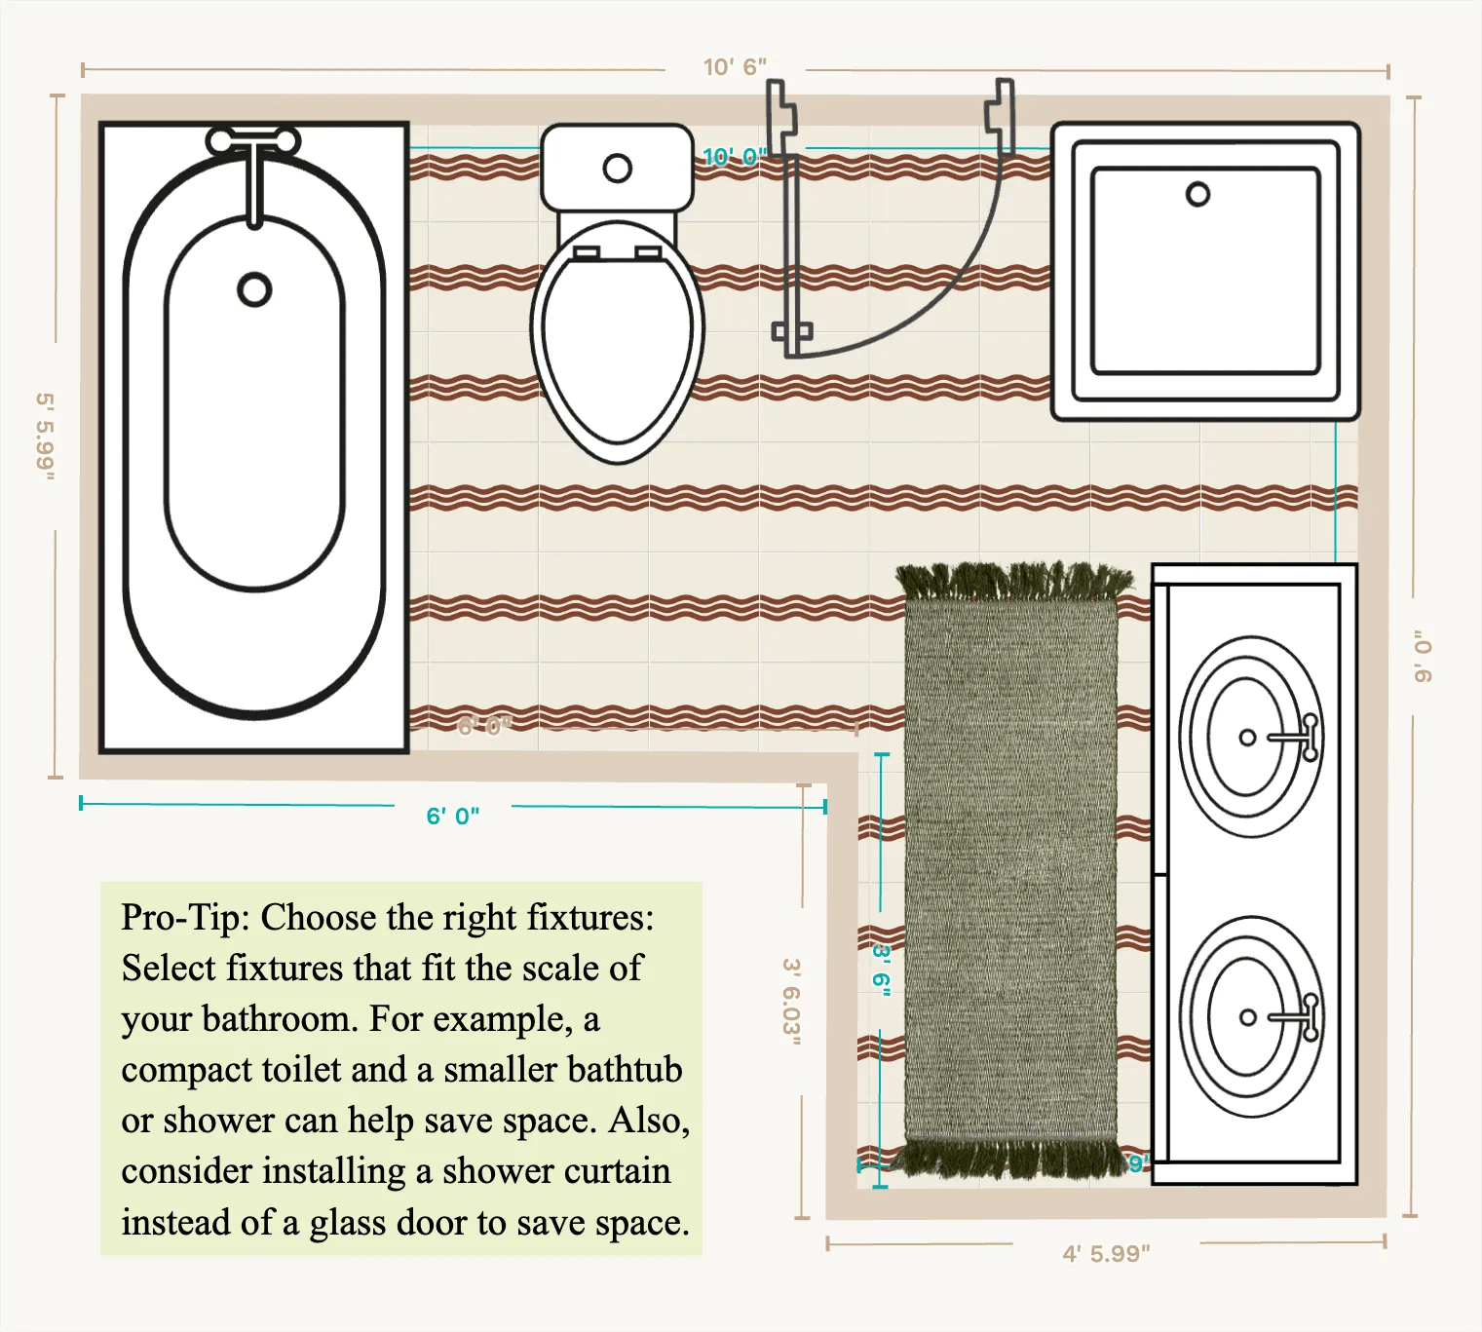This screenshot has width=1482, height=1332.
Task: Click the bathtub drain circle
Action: click(x=254, y=289)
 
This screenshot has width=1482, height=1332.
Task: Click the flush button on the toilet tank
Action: click(x=617, y=169)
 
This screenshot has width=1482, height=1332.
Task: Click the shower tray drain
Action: click(x=1197, y=195)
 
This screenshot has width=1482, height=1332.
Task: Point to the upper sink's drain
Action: click(x=1247, y=738)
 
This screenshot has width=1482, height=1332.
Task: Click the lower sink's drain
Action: click(x=1247, y=1017)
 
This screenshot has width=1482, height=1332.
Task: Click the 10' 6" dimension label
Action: click(x=735, y=67)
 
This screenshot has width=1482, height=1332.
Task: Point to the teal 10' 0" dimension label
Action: click(x=735, y=156)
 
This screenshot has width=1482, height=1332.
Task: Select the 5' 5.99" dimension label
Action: click(x=45, y=437)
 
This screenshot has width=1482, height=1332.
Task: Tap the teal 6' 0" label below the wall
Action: click(x=453, y=816)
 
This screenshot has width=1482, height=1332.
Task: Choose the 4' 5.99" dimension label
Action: click(x=1106, y=1253)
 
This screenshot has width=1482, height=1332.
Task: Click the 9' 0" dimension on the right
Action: click(x=1424, y=656)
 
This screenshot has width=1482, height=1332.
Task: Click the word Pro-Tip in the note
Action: click(x=184, y=918)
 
